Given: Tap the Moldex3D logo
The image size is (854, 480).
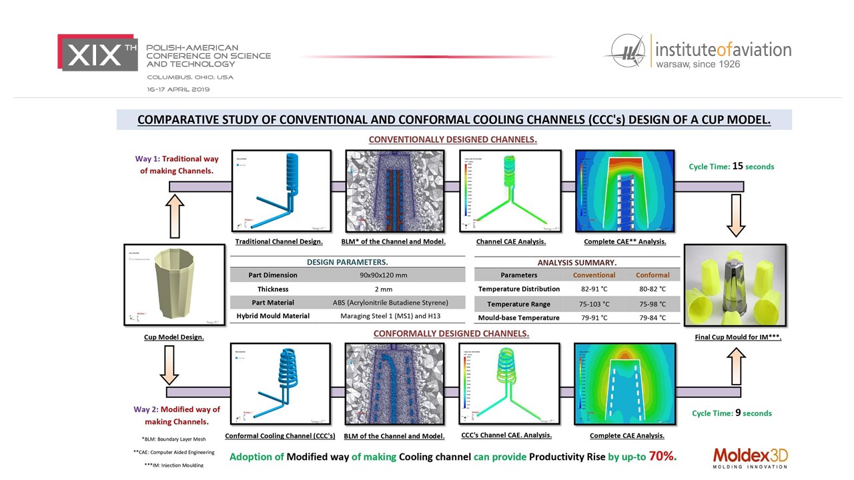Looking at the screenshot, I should (x=750, y=457).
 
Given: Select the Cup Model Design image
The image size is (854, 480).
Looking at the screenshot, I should (x=175, y=285).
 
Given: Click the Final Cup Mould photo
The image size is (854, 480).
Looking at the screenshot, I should (x=735, y=285).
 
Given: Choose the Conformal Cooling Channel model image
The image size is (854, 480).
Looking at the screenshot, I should (x=280, y=383).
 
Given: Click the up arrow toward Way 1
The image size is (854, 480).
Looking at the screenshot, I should (x=175, y=215).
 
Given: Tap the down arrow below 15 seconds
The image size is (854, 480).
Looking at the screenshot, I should (x=736, y=215).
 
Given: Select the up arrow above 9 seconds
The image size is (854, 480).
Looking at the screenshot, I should (x=736, y=366).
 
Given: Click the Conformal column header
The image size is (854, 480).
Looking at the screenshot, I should (x=653, y=275).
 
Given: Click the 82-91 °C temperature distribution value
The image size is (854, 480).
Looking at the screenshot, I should (x=594, y=289).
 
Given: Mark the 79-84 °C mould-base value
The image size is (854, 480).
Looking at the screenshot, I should (x=653, y=318).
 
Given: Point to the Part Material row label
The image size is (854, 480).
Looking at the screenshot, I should (x=272, y=303).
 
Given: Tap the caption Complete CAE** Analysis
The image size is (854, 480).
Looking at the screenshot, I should (x=624, y=241).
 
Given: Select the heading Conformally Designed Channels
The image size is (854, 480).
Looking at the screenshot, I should (x=451, y=333).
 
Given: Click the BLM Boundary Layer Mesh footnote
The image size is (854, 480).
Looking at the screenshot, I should (x=173, y=439).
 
